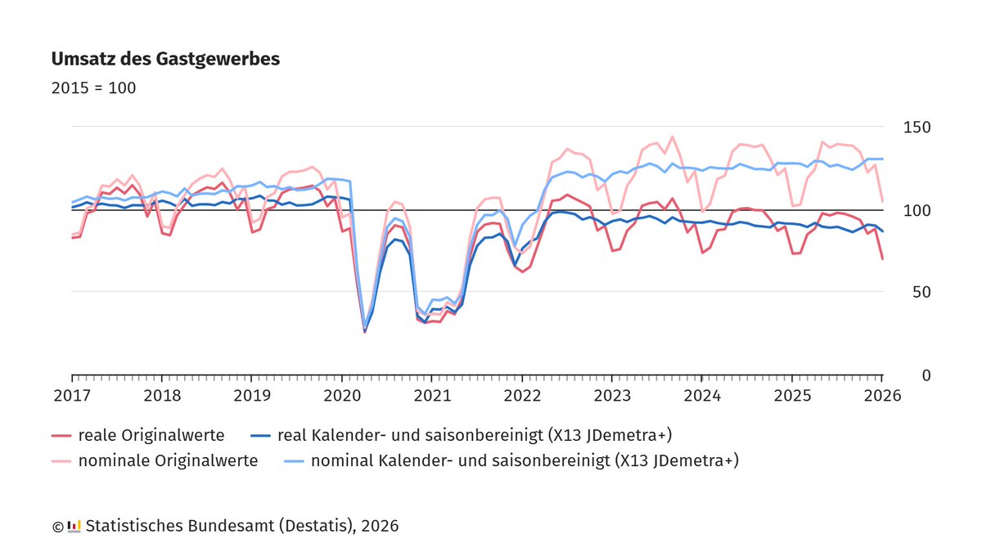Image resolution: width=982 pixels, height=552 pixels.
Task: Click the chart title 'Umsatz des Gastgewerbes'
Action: point(165,60)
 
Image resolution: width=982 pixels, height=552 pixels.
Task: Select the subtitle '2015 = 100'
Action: point(93,88)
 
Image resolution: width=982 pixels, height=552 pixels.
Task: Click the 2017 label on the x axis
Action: point(72,396)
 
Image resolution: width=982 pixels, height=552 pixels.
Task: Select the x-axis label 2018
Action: point(162,396)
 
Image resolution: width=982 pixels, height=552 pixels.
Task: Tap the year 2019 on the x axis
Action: point(252,396)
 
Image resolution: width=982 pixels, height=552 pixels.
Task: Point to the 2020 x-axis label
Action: point(342,396)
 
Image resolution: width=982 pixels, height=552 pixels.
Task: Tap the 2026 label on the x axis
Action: point(882,396)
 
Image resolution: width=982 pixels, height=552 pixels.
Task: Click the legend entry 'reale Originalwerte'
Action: point(151,435)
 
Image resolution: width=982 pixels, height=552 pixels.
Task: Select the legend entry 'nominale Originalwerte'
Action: point(168,461)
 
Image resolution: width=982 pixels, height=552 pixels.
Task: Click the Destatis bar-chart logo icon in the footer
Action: point(74,526)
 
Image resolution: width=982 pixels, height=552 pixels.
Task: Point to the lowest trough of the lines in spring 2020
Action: point(365,330)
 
